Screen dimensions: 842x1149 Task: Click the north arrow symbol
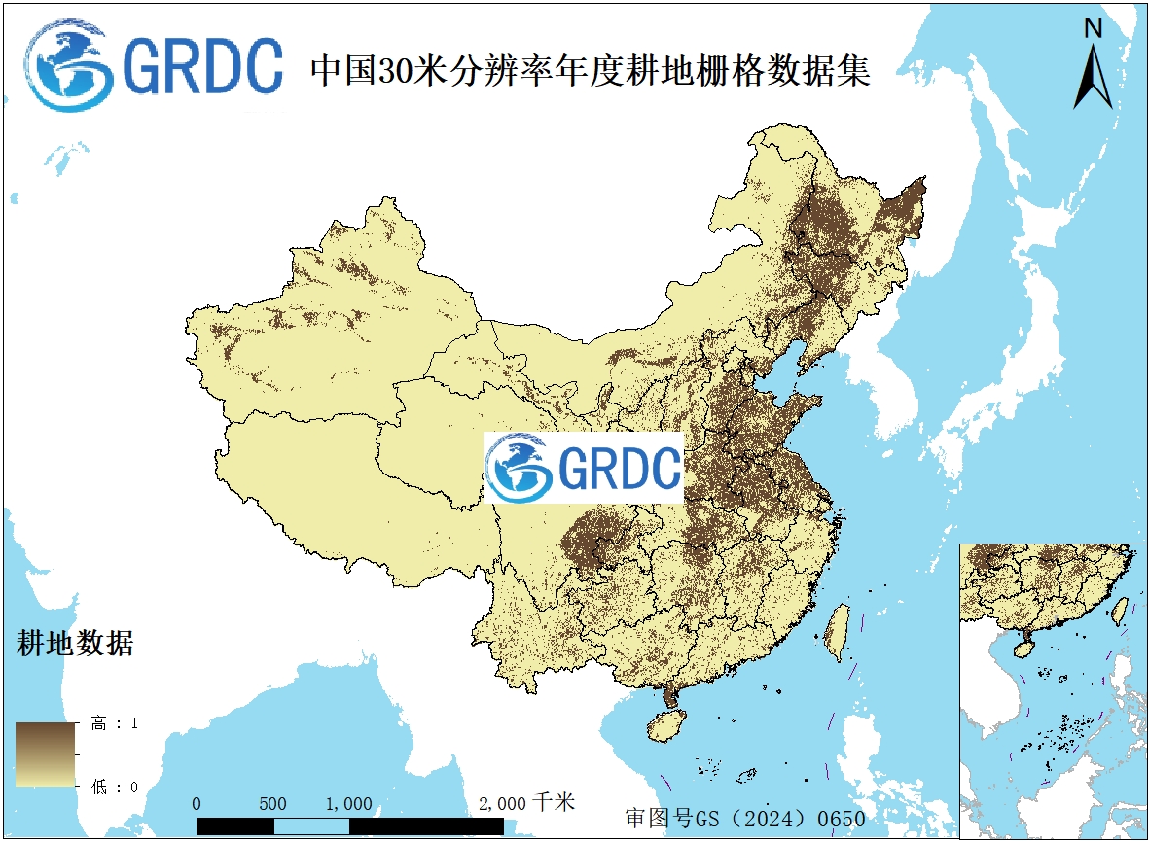pos(1094,78)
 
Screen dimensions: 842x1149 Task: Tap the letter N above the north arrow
pos(1094,29)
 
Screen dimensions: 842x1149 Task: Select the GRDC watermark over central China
pos(585,468)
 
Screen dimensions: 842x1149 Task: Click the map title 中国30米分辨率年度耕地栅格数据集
pos(589,70)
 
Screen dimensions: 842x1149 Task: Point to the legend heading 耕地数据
pos(75,643)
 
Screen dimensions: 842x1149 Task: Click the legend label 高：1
pos(115,723)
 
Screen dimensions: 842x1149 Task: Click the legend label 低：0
pos(115,787)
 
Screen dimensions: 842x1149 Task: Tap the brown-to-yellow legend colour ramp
pos(46,754)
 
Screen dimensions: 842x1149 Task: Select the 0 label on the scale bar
pos(197,804)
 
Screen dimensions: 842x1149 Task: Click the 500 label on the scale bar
pos(273,804)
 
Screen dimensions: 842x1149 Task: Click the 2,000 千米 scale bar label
pos(527,803)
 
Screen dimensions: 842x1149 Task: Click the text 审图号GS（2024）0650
pos(745,819)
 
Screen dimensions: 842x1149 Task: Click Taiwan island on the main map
pos(836,632)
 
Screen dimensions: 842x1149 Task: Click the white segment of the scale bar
pos(311,826)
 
